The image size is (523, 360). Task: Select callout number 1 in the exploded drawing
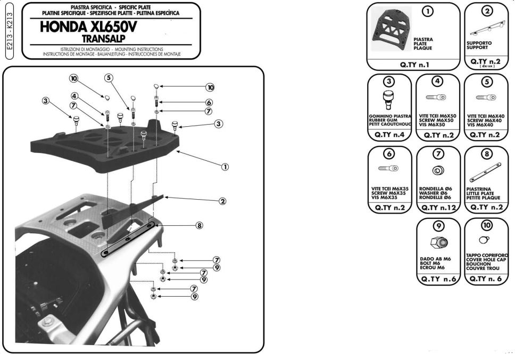point(225,167)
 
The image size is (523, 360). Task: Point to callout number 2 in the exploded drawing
point(222,201)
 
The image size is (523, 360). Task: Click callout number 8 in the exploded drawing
point(200,225)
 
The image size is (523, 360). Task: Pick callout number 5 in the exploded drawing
point(109,78)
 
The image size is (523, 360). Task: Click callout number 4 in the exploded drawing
point(75,96)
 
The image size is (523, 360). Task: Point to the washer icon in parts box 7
point(438,171)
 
